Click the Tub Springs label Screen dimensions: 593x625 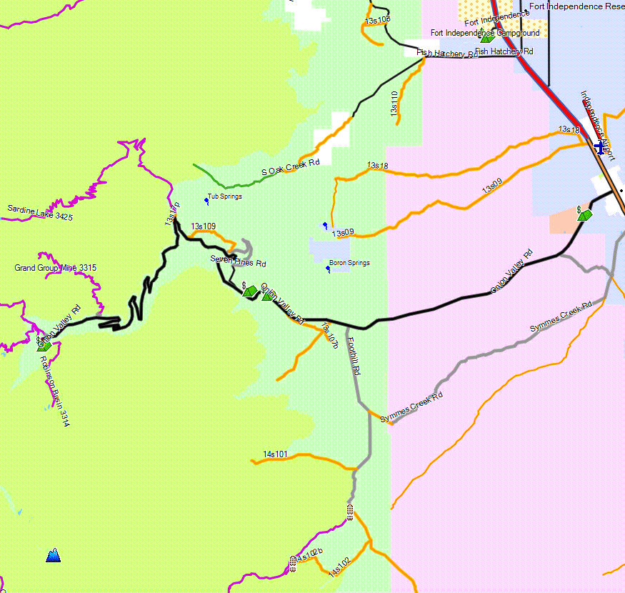[x=224, y=196]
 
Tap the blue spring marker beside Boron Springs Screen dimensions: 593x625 [x=328, y=269]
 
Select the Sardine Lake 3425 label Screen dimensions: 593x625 [x=41, y=212]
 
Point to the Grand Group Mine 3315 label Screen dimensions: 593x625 [x=55, y=268]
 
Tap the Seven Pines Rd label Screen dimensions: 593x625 [x=233, y=261]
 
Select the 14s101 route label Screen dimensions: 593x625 [x=275, y=454]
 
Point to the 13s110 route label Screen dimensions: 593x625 [x=394, y=104]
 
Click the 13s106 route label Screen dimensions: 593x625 [x=377, y=19]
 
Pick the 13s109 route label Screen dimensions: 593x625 [x=203, y=226]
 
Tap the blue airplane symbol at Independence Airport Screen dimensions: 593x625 [x=599, y=145]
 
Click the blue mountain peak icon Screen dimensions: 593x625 [x=53, y=554]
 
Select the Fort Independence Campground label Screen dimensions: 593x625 [x=486, y=33]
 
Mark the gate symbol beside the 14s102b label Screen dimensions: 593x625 [x=293, y=563]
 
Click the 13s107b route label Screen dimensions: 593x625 [x=330, y=336]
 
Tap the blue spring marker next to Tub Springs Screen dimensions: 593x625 [x=206, y=201]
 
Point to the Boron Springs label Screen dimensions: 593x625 [x=349, y=263]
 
